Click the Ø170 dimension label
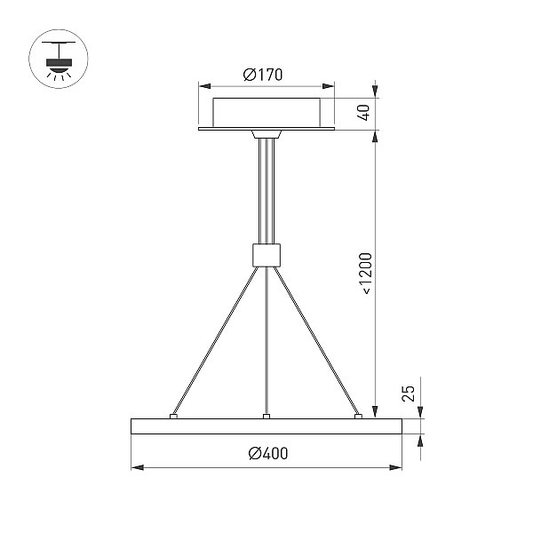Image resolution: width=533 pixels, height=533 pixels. (x=263, y=75)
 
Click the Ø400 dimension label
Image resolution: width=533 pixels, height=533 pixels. (x=268, y=453)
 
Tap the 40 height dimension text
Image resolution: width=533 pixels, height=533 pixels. (x=363, y=113)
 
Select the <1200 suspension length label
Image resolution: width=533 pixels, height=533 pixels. (x=366, y=274)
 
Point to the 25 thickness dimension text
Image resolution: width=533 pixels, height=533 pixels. (x=409, y=394)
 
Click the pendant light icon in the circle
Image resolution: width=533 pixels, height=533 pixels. (x=59, y=60)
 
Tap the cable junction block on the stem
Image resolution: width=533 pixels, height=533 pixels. (x=266, y=255)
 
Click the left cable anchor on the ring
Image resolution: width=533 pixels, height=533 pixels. (x=173, y=416)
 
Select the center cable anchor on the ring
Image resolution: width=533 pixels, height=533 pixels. (x=266, y=416)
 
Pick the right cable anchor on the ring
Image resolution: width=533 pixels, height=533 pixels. (x=358, y=416)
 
